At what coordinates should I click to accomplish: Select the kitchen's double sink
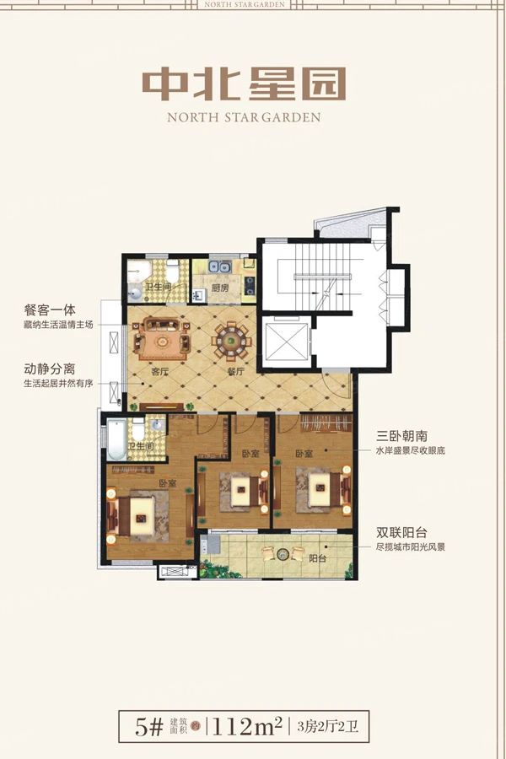tap(221, 267)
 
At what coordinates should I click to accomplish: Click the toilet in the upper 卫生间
tap(172, 273)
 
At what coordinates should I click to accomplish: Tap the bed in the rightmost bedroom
tap(320, 487)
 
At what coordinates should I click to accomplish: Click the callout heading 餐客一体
tap(50, 310)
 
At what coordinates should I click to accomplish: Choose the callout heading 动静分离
tap(50, 369)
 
